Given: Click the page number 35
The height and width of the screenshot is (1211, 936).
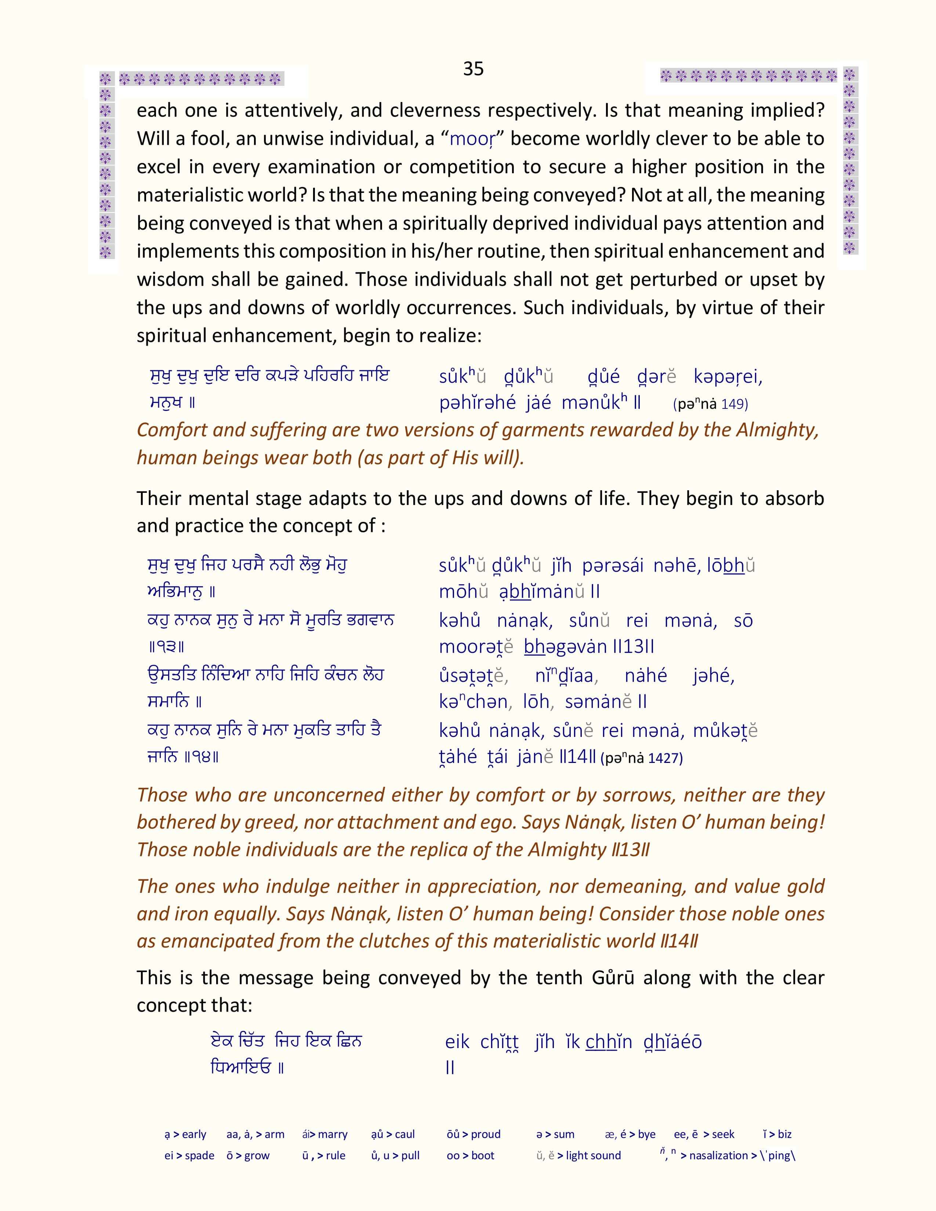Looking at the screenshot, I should pos(473,69).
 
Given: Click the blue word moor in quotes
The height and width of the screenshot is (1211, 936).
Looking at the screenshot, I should pos(471,139).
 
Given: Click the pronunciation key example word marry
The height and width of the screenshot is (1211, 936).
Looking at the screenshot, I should pos(332,1134).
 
